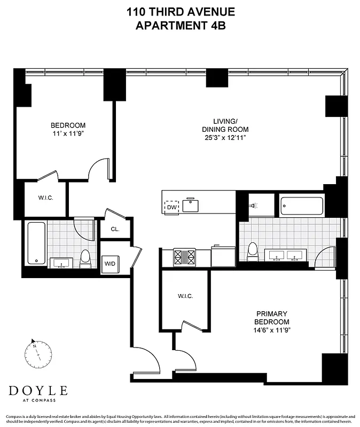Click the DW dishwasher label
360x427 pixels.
(x=171, y=207)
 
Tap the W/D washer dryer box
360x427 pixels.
(x=109, y=263)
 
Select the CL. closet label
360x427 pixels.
(x=115, y=230)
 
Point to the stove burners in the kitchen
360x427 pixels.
(x=185, y=257)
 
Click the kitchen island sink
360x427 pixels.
(x=190, y=205)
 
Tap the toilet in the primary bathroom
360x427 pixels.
(x=253, y=251)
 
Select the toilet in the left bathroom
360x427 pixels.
(x=85, y=259)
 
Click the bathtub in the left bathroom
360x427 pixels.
(x=36, y=243)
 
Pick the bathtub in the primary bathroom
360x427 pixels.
(x=301, y=205)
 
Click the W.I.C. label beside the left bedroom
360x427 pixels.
(x=46, y=198)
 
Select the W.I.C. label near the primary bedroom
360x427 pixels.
(x=185, y=296)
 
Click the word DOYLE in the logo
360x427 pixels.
(x=38, y=390)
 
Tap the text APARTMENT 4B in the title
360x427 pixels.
(x=181, y=25)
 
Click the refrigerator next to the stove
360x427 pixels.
(x=223, y=256)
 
